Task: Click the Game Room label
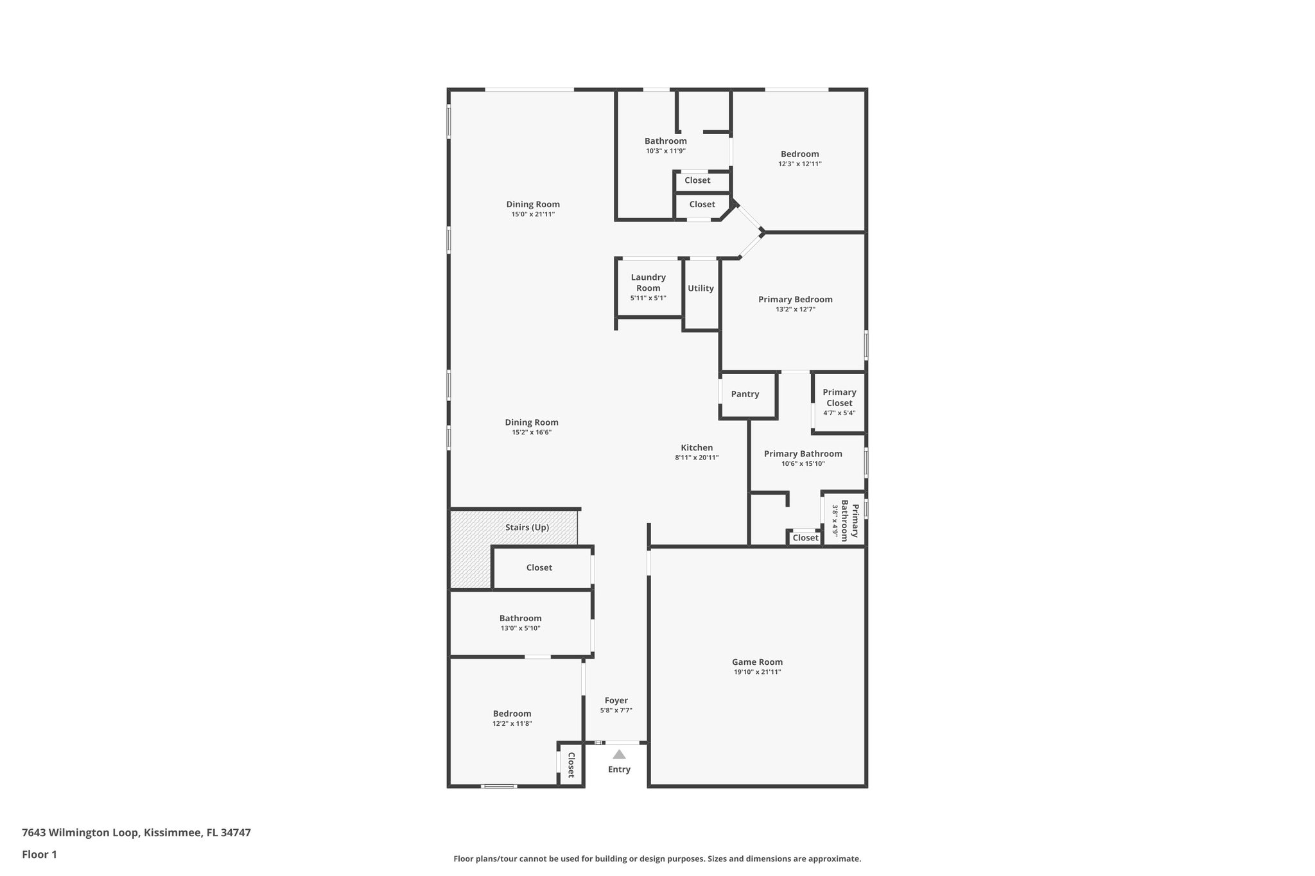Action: [x=757, y=662]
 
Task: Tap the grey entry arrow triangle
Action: [x=619, y=755]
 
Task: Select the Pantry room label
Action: [x=745, y=394]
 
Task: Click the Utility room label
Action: [x=701, y=288]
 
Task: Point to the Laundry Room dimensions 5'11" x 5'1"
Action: [x=648, y=298]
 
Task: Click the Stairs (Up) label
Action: [x=527, y=528]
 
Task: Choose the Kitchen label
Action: [x=697, y=448]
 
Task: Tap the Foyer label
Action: [x=616, y=700]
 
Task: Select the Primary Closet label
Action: [x=839, y=397]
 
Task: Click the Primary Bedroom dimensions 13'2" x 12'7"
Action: [x=795, y=309]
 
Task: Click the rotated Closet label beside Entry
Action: [x=571, y=764]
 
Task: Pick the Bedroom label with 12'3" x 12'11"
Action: [x=799, y=154]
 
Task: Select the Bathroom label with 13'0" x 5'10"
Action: [x=520, y=618]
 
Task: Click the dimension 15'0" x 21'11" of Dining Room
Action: [x=532, y=214]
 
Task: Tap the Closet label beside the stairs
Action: [x=539, y=567]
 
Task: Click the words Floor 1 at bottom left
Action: [x=39, y=854]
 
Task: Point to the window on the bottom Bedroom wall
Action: [x=499, y=786]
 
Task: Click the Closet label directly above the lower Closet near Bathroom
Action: [x=697, y=180]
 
